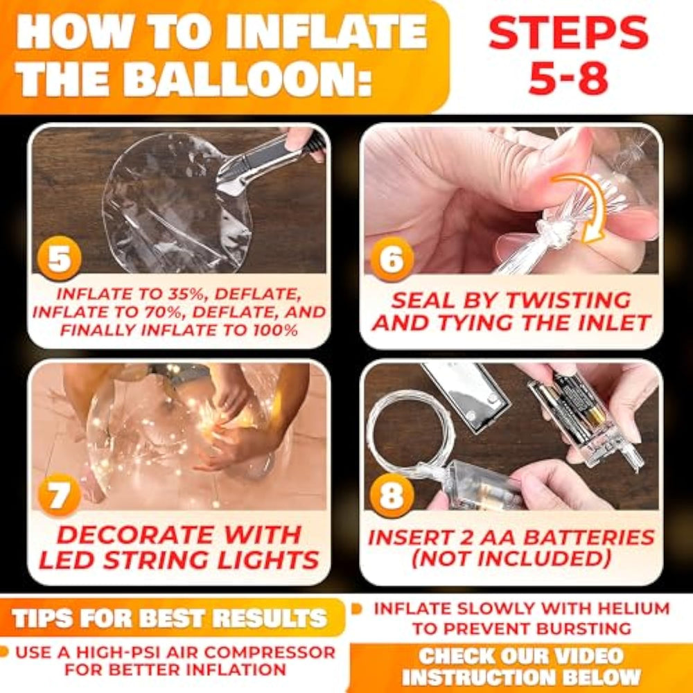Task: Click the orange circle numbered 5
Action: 60,258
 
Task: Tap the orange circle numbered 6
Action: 392,259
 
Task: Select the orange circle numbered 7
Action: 60,495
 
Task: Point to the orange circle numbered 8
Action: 392,495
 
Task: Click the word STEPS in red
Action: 569,33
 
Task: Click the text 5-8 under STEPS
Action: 568,78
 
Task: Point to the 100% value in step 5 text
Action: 278,330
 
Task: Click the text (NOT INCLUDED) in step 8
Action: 511,559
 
